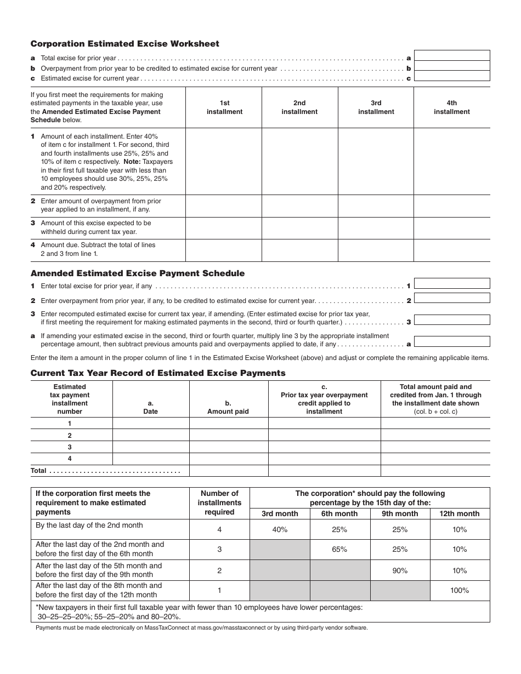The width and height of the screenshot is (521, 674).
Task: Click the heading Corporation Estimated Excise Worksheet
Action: [124, 44]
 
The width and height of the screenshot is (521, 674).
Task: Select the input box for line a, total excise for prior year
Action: [455, 55]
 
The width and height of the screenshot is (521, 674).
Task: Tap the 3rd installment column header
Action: [376, 107]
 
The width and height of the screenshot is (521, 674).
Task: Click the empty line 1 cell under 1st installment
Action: [224, 161]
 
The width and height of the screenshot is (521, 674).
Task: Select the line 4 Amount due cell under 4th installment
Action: [451, 250]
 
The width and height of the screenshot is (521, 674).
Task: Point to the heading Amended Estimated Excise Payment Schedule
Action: [138, 273]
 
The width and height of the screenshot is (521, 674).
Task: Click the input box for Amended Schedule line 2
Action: [455, 298]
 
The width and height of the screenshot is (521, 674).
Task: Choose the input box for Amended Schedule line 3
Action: [455, 319]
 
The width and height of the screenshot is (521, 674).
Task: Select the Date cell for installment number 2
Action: [151, 435]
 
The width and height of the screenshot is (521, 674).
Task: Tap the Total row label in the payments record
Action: [39, 471]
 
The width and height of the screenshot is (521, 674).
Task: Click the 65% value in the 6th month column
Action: [339, 550]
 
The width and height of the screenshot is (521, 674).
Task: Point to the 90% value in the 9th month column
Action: [400, 570]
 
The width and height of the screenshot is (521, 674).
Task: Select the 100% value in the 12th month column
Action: [460, 591]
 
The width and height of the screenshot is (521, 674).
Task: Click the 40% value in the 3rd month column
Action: [280, 529]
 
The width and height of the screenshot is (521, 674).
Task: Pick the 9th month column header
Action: [400, 514]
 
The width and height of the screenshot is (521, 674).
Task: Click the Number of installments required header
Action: [219, 503]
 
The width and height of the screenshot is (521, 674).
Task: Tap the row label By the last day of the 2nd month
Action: [89, 526]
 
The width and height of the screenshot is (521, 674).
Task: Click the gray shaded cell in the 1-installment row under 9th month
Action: [400, 591]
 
